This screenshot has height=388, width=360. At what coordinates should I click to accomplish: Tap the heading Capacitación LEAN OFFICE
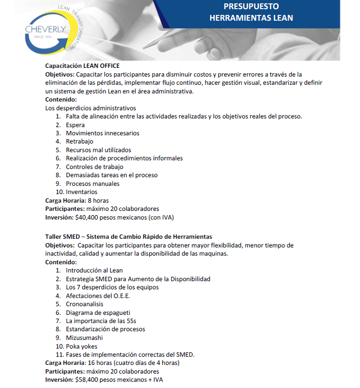[82, 65]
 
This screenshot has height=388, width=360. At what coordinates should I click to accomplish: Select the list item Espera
[75, 125]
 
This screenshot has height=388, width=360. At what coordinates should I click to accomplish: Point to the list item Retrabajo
[79, 142]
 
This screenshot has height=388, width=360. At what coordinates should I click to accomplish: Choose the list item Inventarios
[81, 192]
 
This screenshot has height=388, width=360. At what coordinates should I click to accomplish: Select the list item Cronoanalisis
[84, 304]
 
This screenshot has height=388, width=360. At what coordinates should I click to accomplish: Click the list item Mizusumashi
[84, 337]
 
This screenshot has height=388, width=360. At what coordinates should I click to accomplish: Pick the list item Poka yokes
[81, 346]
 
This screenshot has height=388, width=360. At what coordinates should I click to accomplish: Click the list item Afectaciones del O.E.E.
[98, 296]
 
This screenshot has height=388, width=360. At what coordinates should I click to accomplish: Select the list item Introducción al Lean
[94, 271]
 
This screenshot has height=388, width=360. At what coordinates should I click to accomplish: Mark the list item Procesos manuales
[92, 183]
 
